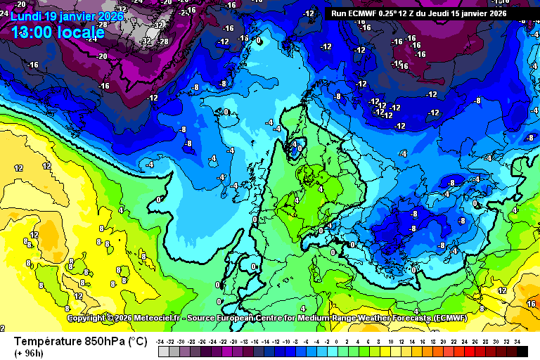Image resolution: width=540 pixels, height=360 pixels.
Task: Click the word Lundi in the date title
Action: [x=26, y=15]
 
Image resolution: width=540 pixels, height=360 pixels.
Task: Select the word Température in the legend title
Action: [x=46, y=341]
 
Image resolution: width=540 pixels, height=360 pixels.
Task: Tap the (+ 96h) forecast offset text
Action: [x=29, y=353]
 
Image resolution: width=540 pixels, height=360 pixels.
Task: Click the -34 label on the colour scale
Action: [x=161, y=341]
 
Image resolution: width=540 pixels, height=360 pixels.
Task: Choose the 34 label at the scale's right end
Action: [x=517, y=341]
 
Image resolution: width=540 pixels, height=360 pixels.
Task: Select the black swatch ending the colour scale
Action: [x=517, y=351]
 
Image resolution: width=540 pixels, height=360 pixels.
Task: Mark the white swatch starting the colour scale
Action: [x=162, y=351]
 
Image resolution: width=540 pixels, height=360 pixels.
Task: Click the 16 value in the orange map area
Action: [x=531, y=304]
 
